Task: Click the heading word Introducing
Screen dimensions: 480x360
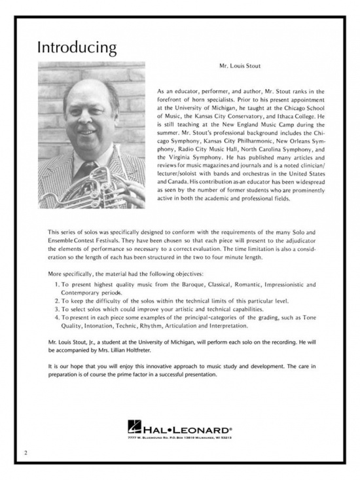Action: tap(77, 48)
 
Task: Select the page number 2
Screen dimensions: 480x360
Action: tap(25, 452)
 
